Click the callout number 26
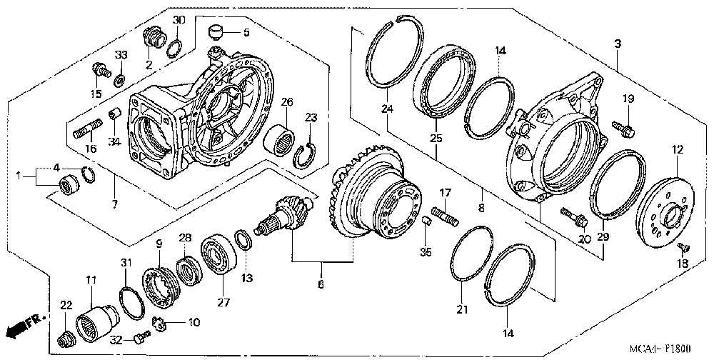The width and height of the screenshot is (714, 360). pos(287,102)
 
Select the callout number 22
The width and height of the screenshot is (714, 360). pos(66,306)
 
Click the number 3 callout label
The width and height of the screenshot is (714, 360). pos(616,44)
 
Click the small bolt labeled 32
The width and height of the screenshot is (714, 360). pos(142,334)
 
